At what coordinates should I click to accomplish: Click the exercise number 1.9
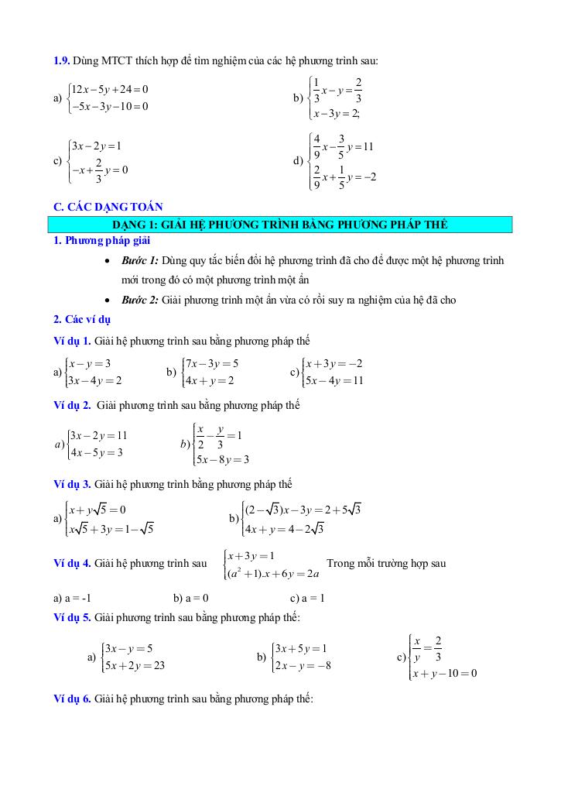click(x=61, y=60)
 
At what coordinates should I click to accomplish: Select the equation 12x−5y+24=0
click(x=109, y=90)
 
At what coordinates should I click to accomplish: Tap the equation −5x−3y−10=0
click(x=109, y=106)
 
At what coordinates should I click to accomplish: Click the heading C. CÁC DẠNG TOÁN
click(x=108, y=206)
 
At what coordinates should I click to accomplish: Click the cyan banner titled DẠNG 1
click(x=280, y=225)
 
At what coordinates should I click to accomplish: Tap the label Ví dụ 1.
click(x=72, y=341)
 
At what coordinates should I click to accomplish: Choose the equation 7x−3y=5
click(x=212, y=363)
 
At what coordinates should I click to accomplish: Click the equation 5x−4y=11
click(x=334, y=380)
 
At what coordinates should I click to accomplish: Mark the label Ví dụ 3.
click(x=72, y=484)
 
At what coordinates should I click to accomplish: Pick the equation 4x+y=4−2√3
click(x=283, y=530)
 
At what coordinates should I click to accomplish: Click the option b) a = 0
click(x=191, y=598)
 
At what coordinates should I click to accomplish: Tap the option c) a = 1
click(x=307, y=598)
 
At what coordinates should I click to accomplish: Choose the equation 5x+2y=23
click(x=135, y=664)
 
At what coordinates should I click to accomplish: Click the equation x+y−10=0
click(x=445, y=673)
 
